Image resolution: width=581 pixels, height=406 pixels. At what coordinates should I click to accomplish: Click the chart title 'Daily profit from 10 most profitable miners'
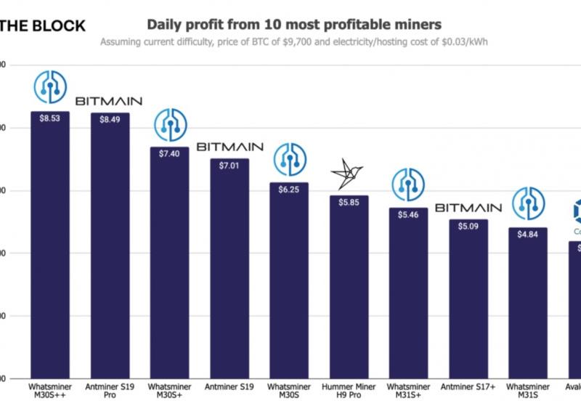[293, 25]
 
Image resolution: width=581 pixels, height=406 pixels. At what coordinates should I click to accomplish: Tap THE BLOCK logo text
[42, 26]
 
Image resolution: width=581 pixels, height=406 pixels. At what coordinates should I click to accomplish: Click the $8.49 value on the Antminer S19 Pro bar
[110, 120]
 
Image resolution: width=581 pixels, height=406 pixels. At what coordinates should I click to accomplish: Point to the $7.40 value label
[169, 153]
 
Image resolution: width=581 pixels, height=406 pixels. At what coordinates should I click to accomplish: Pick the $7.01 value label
[229, 165]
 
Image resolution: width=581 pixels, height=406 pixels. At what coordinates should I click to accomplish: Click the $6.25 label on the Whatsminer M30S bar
[289, 188]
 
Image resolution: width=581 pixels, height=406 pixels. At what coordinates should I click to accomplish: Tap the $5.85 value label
[349, 201]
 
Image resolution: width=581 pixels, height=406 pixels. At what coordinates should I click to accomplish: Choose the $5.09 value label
[468, 226]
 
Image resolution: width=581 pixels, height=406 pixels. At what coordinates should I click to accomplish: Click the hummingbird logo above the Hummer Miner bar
[349, 174]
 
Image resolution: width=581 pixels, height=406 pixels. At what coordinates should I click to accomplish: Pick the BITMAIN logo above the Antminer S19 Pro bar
[109, 101]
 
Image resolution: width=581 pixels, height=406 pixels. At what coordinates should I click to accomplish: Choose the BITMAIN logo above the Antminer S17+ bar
[468, 208]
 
